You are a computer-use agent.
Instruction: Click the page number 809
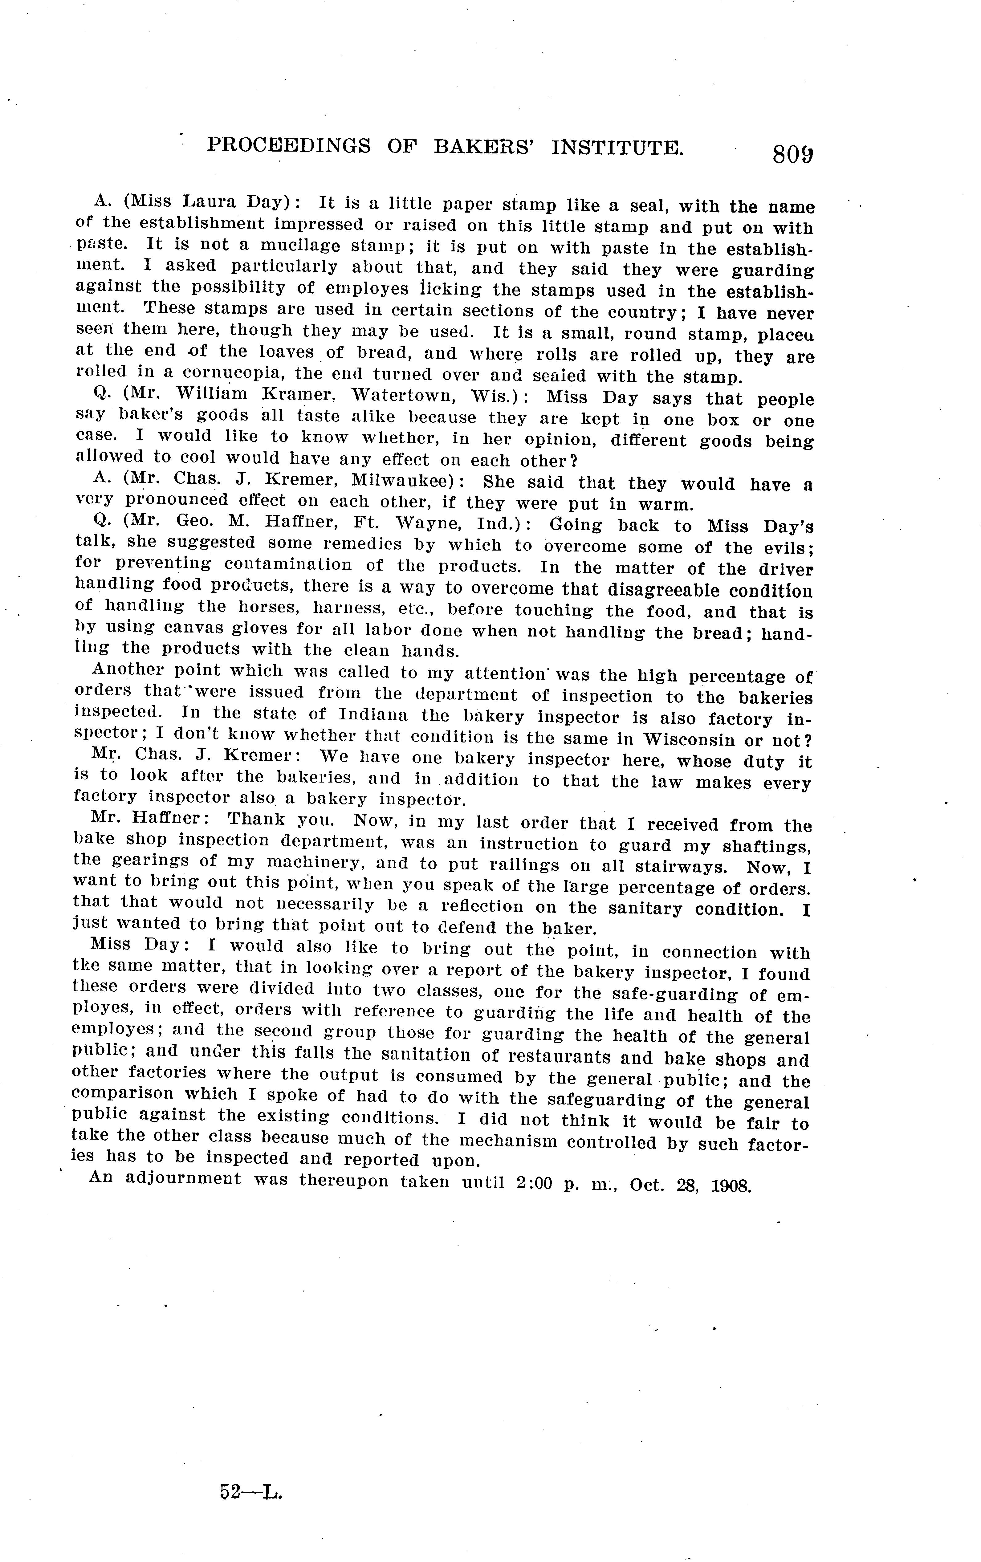[x=792, y=156]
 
